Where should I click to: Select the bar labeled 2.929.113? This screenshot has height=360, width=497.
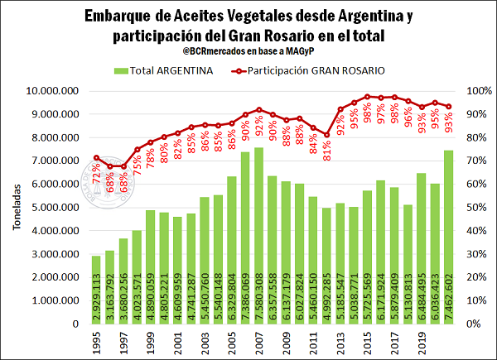click(x=96, y=290)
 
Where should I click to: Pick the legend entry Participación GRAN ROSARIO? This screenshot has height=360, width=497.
click(x=315, y=70)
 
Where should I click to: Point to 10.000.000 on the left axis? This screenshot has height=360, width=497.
click(x=53, y=91)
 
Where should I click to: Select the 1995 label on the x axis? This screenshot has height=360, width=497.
click(x=96, y=341)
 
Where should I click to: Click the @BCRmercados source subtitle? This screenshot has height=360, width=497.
click(x=246, y=53)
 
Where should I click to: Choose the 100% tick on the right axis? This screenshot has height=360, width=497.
click(x=480, y=91)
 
